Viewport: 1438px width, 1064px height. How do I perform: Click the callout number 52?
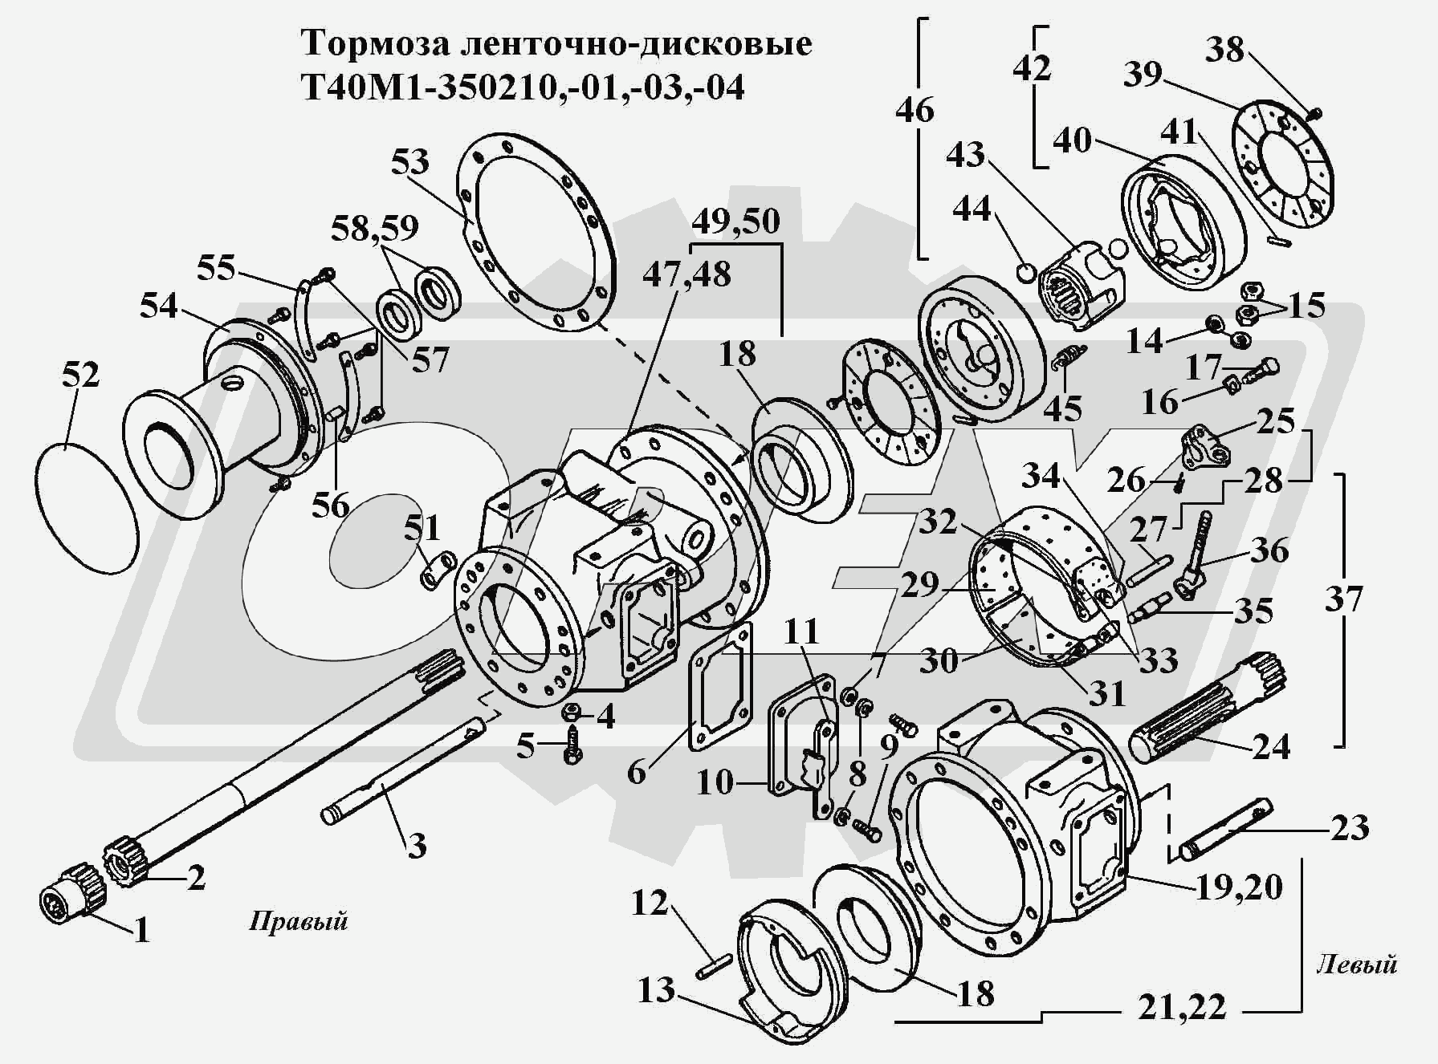pyautogui.click(x=80, y=376)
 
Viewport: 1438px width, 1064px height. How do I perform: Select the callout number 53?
pyautogui.click(x=409, y=162)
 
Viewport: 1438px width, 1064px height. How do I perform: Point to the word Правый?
pyautogui.click(x=298, y=920)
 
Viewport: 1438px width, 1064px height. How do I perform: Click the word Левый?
pyautogui.click(x=1356, y=964)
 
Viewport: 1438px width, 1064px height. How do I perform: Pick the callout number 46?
pyautogui.click(x=915, y=109)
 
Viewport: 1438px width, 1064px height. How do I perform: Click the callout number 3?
pyautogui.click(x=416, y=846)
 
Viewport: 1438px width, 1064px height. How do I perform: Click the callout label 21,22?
pyautogui.click(x=1181, y=1007)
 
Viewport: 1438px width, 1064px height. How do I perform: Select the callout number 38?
pyautogui.click(x=1224, y=50)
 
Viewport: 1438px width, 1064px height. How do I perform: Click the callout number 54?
pyautogui.click(x=159, y=306)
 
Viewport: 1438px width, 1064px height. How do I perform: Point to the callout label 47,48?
pyautogui.click(x=686, y=274)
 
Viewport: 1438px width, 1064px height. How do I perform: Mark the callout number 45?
pyautogui.click(x=1062, y=409)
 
